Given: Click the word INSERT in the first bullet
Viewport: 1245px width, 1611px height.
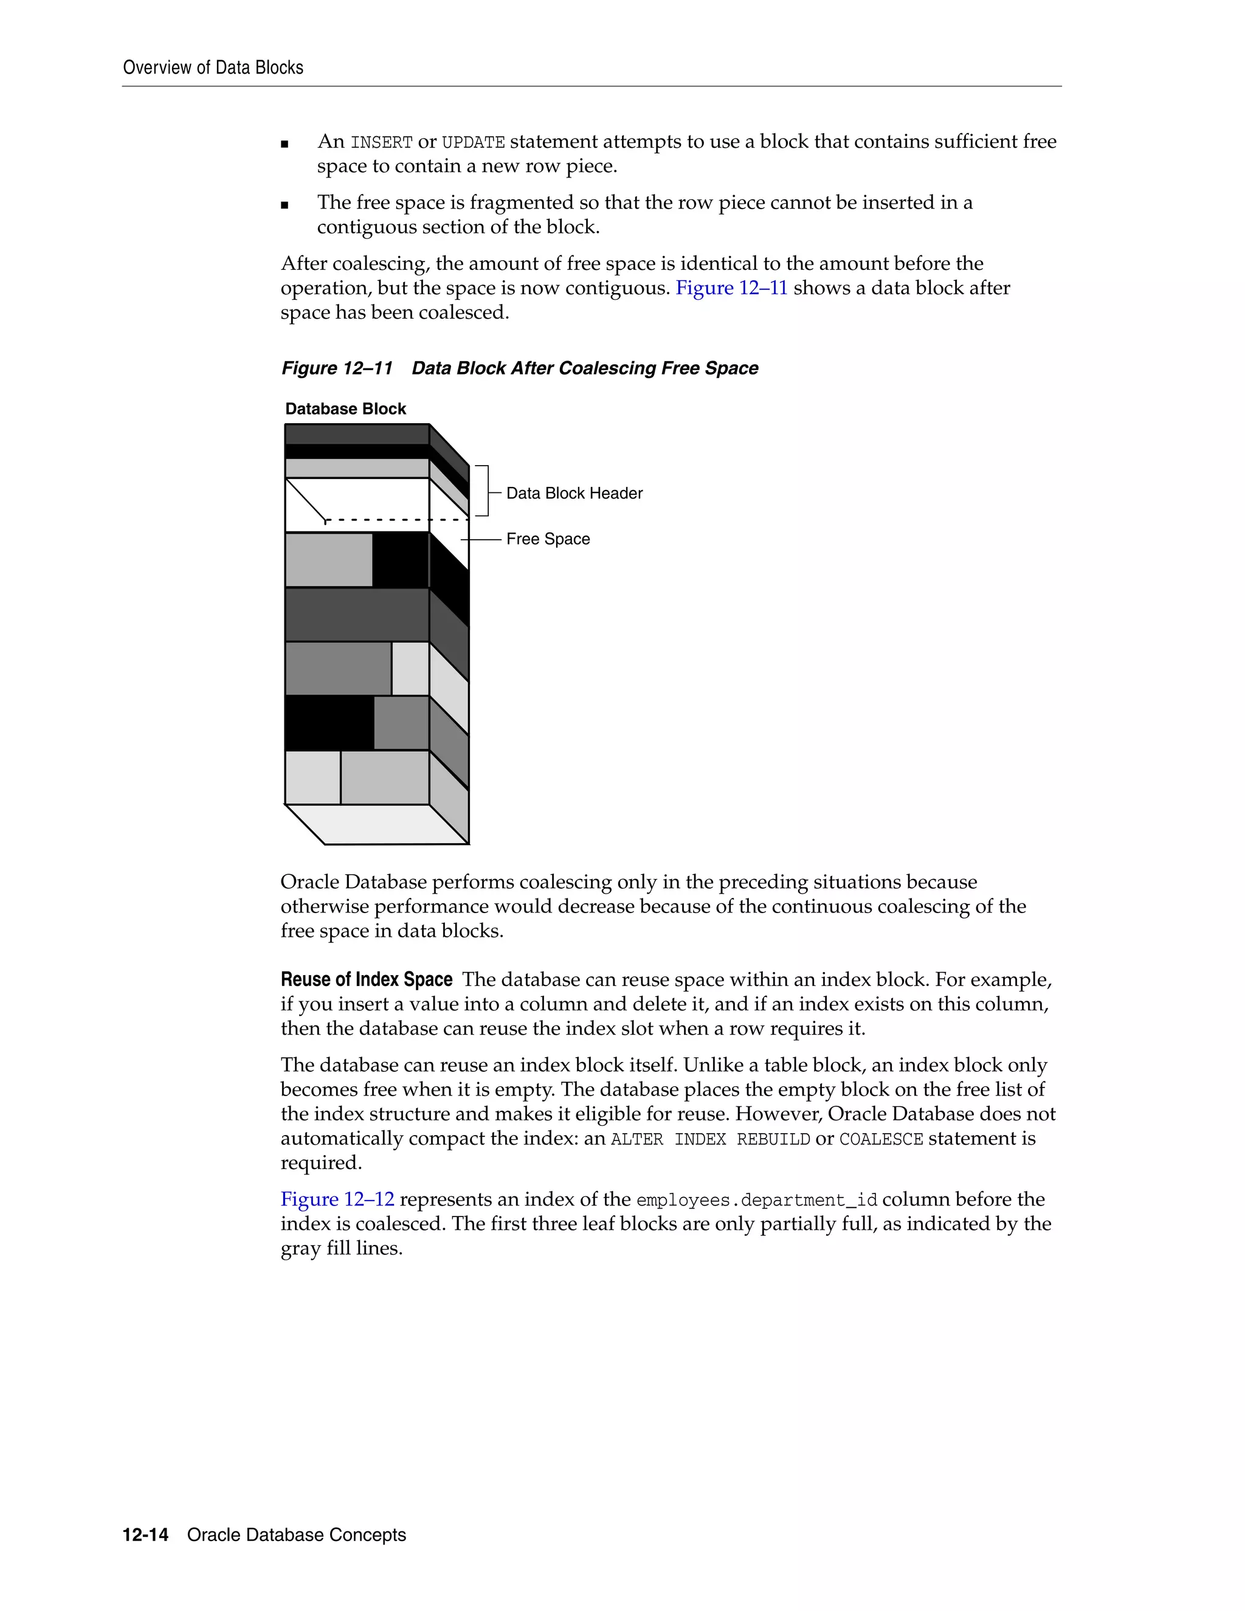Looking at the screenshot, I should (x=381, y=142).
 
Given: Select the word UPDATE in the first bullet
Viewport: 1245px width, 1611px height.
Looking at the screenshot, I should (x=473, y=142).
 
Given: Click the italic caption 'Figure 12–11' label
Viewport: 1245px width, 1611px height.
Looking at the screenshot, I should (x=336, y=368).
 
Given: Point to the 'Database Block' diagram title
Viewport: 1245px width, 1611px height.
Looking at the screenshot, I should (x=345, y=409).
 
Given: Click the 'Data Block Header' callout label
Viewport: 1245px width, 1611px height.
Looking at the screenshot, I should (x=574, y=493).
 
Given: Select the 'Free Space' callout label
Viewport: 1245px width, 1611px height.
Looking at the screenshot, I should (x=547, y=539).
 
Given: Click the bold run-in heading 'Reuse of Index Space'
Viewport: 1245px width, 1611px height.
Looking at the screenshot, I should (x=366, y=979).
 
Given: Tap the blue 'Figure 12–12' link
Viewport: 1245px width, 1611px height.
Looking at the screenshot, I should (x=337, y=1199).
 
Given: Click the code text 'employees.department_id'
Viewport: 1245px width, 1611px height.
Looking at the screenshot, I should (x=756, y=1200).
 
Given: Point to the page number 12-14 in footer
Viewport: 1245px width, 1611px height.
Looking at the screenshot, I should (x=145, y=1534).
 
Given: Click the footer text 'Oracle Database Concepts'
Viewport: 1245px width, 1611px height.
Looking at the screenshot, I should (x=297, y=1534).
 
